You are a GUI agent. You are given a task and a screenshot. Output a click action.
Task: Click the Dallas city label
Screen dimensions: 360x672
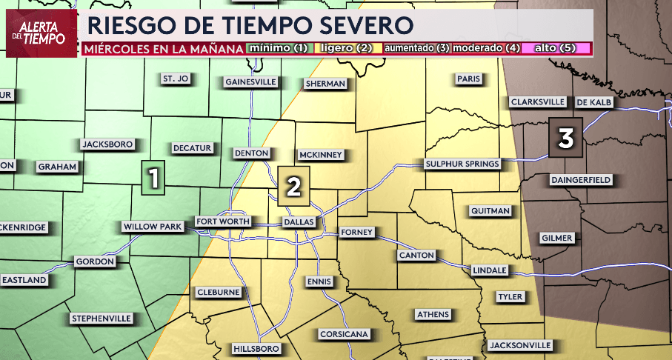pyautogui.click(x=299, y=222)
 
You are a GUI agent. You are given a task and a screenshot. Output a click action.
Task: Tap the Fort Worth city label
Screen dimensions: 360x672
pyautogui.click(x=223, y=221)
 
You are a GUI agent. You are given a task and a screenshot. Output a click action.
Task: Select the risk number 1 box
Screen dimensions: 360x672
pyautogui.click(x=153, y=179)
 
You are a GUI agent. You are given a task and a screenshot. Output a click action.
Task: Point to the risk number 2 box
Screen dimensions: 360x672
pyautogui.click(x=293, y=187)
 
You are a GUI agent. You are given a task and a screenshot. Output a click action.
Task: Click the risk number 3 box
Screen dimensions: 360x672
pyautogui.click(x=565, y=138)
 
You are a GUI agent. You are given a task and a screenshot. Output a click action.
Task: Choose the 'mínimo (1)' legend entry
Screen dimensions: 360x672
pyautogui.click(x=279, y=48)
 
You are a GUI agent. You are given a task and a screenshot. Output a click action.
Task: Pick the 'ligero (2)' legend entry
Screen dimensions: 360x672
pyautogui.click(x=345, y=48)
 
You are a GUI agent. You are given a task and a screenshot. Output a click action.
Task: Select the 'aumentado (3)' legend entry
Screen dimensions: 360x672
pyautogui.click(x=416, y=48)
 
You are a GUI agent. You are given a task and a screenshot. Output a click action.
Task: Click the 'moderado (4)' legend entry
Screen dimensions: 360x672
pyautogui.click(x=485, y=48)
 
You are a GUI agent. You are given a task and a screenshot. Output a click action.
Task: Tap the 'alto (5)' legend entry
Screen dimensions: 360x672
pyautogui.click(x=554, y=48)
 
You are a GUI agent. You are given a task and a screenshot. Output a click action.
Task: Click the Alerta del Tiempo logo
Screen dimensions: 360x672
pyautogui.click(x=41, y=33)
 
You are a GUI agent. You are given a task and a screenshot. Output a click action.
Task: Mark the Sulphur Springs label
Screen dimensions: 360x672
pyautogui.click(x=462, y=163)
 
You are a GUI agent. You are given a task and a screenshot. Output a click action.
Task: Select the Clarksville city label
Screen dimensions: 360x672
pyautogui.click(x=538, y=101)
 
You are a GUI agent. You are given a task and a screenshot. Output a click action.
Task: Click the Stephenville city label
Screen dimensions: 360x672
pyautogui.click(x=101, y=319)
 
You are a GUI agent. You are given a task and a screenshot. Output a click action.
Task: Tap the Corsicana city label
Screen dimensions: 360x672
pyautogui.click(x=344, y=334)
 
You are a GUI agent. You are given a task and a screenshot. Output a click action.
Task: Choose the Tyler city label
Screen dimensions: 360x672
pyautogui.click(x=510, y=297)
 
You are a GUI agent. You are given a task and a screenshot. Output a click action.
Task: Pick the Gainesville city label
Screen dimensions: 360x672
pyautogui.click(x=250, y=81)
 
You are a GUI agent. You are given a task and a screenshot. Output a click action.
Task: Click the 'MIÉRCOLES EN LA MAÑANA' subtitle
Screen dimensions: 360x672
pyautogui.click(x=163, y=49)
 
